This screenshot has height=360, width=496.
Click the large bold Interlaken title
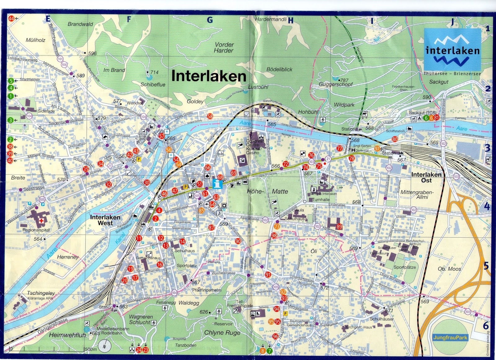209,76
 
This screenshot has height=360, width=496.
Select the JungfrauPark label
450,337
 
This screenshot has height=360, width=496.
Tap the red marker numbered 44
11,18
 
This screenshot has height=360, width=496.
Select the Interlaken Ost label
426,177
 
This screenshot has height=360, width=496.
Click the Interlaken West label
105,220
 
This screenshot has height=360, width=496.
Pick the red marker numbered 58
210,116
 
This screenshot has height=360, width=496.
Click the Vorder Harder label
224,47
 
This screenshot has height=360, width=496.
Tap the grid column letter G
210,20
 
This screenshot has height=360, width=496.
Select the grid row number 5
486,266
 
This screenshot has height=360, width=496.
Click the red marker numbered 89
339,226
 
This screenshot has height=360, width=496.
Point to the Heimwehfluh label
67,335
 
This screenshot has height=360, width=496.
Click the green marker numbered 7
269,351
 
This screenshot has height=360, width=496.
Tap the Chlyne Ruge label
222,332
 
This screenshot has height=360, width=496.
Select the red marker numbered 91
268,274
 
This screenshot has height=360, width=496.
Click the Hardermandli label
271,19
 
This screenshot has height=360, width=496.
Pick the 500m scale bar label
91,349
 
